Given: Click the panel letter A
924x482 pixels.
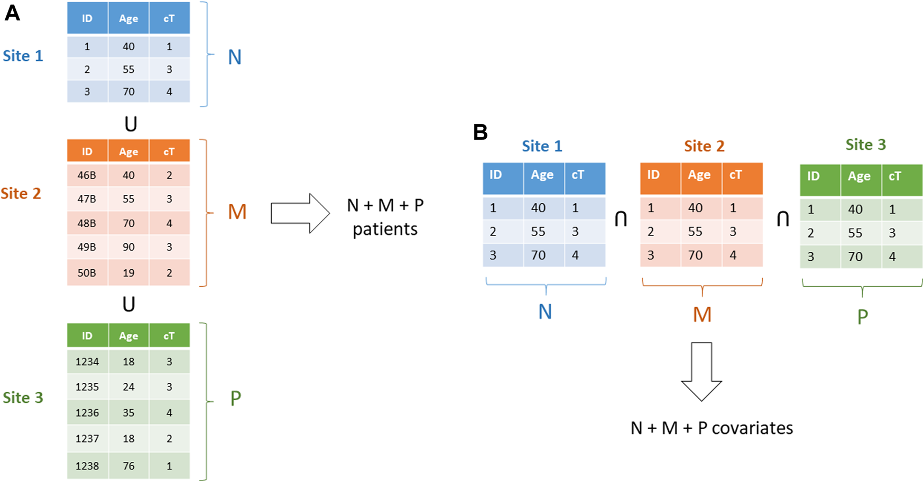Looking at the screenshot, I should (12, 13).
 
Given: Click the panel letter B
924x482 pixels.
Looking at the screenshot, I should (480, 132).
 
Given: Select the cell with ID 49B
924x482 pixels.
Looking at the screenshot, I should (87, 247).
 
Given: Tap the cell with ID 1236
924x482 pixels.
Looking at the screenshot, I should (87, 413).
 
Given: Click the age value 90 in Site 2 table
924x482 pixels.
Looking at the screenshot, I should (128, 247).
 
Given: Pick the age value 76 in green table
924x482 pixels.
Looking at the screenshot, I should (128, 466).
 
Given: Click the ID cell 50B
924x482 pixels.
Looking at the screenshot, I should (87, 273).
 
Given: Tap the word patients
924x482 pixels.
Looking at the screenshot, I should (385, 229).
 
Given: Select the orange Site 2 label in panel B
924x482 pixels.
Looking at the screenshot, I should (704, 146).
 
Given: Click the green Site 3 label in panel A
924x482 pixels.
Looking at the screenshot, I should (23, 398).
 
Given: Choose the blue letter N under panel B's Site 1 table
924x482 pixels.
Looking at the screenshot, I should (545, 312).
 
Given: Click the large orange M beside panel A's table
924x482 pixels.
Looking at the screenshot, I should (237, 212).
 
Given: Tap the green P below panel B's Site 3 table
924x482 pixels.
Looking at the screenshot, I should (862, 317).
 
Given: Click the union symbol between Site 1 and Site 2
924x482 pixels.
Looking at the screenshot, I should (130, 124).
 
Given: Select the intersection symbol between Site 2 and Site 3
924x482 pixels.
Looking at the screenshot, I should (782, 218).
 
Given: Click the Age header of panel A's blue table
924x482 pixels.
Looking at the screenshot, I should (128, 18).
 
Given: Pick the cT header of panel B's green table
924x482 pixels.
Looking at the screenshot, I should (894, 176).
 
